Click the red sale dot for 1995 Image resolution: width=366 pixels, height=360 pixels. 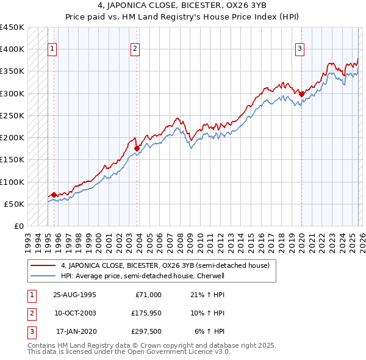pos(54,195)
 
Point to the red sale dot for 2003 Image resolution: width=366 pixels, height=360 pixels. pos(137,148)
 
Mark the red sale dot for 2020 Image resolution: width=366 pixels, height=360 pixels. pos(302,94)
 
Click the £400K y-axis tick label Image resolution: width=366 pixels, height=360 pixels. pos(12,49)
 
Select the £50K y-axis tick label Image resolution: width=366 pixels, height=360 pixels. pos(15,204)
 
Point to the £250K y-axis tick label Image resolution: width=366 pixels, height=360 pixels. pos(12,115)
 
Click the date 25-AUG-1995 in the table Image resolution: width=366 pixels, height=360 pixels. pos(74,295)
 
